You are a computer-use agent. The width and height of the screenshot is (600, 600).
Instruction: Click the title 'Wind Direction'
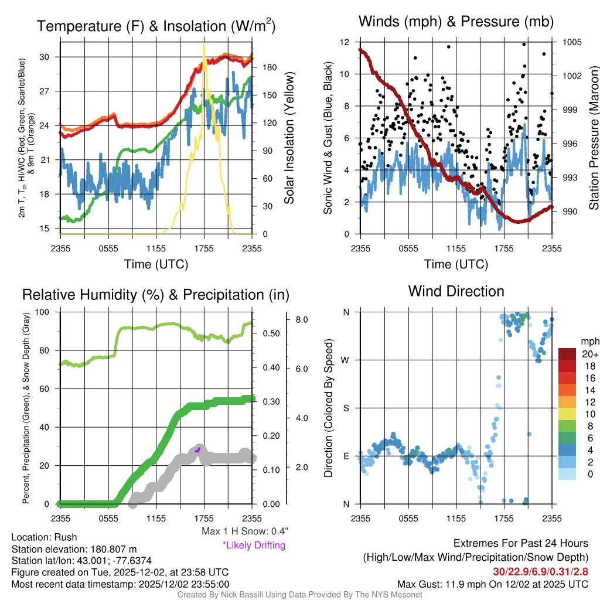(456, 291)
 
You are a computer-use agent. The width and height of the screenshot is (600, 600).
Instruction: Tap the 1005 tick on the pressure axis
(571, 42)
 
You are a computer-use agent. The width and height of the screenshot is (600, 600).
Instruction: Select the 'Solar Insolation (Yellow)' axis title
(289, 138)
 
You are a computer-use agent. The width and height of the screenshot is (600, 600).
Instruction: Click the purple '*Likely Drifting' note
(254, 546)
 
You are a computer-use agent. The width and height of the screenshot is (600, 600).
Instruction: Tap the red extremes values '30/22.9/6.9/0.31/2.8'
(540, 571)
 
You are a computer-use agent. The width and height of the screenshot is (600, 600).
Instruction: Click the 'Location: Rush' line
(44, 537)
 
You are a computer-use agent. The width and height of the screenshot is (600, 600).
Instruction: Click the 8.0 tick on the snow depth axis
(302, 320)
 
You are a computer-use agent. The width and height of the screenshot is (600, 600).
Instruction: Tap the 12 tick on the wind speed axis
(345, 42)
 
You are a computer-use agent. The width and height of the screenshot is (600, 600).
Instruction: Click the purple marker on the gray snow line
(198, 449)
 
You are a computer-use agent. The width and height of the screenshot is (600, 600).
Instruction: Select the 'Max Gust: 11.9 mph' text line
(492, 584)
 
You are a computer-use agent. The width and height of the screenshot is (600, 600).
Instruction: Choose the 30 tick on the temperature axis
(49, 57)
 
